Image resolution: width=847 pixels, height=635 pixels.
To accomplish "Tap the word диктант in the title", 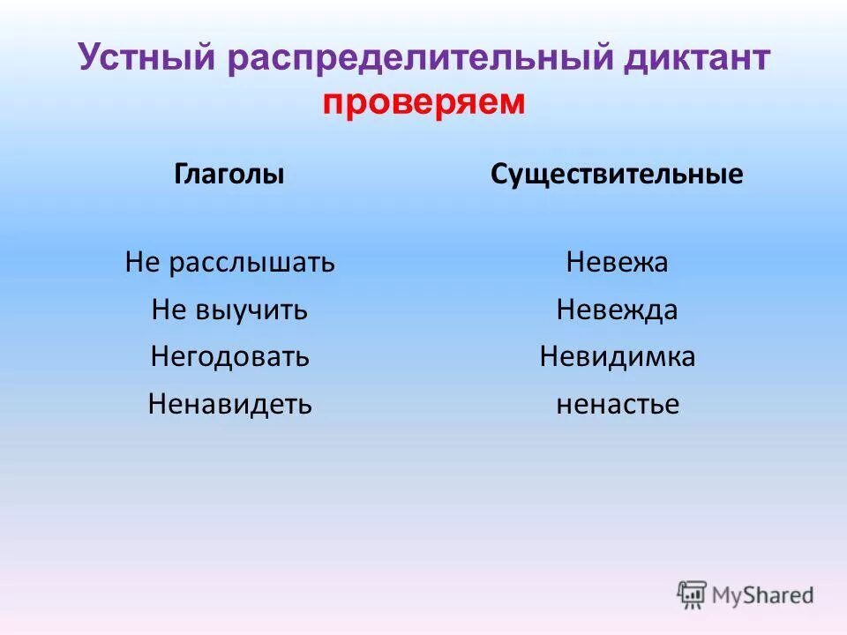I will coord(697,59).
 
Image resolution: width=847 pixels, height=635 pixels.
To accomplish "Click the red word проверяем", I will coord(423,102).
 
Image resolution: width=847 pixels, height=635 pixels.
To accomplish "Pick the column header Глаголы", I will coord(229,175).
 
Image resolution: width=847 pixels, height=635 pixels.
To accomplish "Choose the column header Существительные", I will coord(617,175).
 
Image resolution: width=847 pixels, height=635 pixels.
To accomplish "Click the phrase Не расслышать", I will coord(229,262).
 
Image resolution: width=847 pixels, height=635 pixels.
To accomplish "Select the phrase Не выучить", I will coord(229,310).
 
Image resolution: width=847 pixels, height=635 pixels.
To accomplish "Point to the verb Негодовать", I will coord(229,357).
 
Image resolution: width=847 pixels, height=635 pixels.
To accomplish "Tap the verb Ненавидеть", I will coord(229,405).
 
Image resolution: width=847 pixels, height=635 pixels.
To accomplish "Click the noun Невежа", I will coord(617,262).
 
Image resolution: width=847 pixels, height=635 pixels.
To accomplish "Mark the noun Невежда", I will coord(617,310).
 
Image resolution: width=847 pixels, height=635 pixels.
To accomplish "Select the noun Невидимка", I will coord(617,357).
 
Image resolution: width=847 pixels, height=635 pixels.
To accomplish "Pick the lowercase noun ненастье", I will coord(617,405).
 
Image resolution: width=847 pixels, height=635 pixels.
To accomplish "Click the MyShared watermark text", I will coord(763,594).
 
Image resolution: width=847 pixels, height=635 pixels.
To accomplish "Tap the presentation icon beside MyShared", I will coord(692,594).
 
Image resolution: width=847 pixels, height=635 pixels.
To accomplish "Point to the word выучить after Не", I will coord(250,310).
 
